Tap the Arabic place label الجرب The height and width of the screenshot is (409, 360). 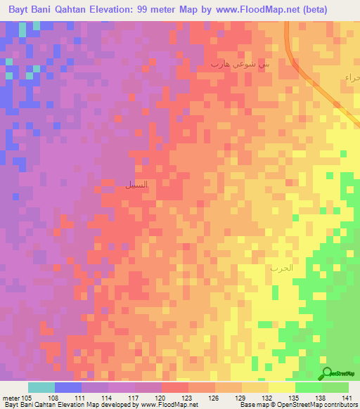[x=280, y=268]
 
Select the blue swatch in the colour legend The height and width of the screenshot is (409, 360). [x=68, y=387]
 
